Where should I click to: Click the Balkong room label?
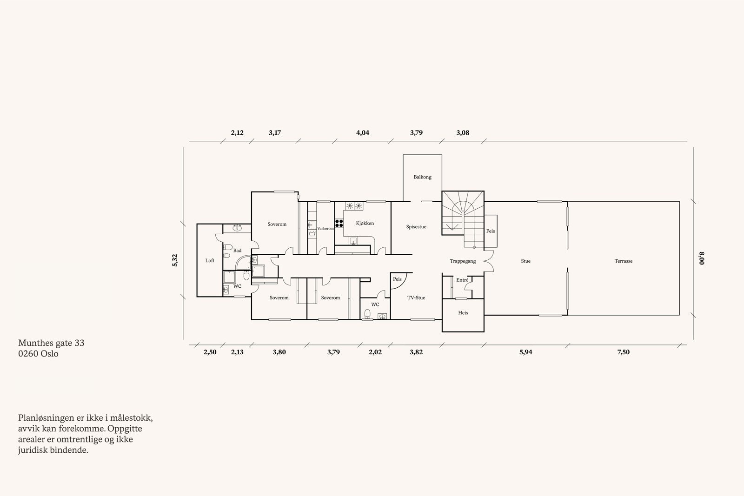[423, 177]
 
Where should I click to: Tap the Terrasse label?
[623, 261]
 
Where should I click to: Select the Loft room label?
[210, 261]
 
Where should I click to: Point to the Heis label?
[463, 313]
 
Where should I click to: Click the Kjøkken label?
[365, 224]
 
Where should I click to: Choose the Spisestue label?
[416, 227]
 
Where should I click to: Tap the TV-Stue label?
[416, 298]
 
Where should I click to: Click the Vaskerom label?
[325, 229]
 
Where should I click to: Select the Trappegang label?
[463, 261]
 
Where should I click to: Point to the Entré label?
[462, 280]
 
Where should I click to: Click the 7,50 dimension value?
[623, 352]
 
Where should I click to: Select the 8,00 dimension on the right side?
[702, 258]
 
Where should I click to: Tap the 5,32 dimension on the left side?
[175, 260]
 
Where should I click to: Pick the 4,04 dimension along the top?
[362, 133]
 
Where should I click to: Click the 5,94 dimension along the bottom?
[525, 352]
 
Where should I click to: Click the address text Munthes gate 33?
[51, 343]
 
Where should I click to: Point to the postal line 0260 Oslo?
[39, 353]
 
